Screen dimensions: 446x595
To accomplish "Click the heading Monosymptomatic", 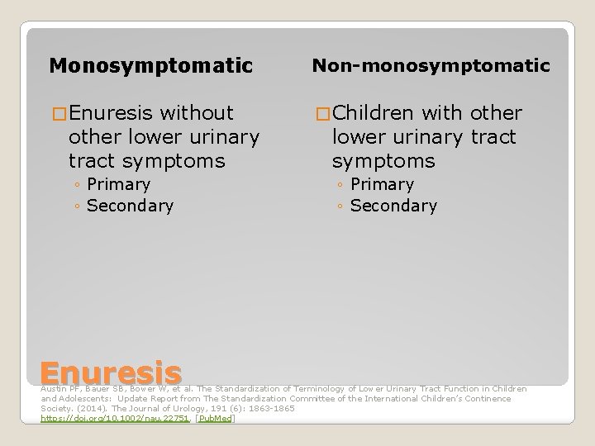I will (x=150, y=65).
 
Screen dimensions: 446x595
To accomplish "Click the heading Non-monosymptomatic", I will (x=430, y=65).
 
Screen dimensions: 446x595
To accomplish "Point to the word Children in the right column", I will (x=375, y=112).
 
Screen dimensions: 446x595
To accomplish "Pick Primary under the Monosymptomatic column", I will (x=118, y=184).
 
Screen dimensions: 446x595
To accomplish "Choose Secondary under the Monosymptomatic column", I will (x=130, y=206).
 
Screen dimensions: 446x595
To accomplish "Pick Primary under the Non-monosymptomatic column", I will (x=382, y=184).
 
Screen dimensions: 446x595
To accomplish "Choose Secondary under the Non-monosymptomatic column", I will (x=393, y=206).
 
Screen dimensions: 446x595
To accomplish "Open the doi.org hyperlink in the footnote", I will (x=116, y=419).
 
